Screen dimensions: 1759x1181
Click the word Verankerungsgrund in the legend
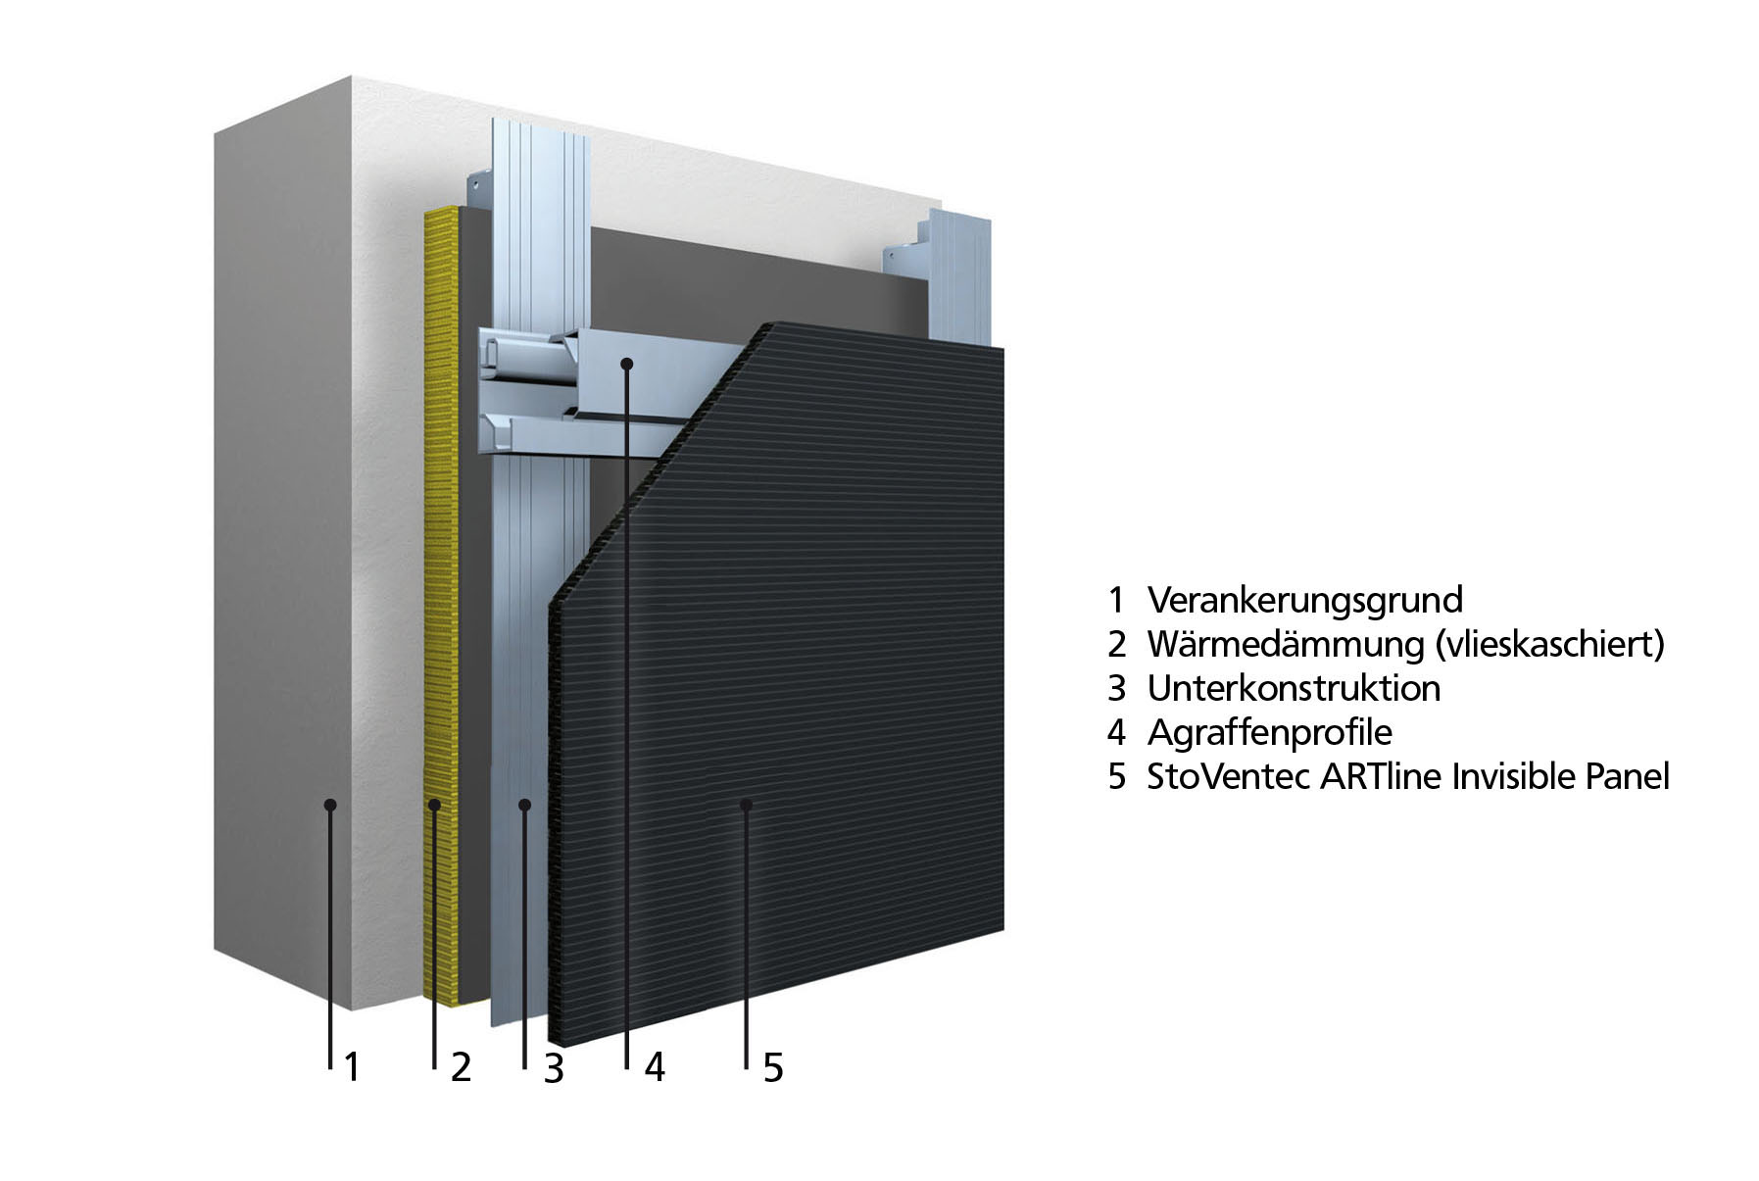pos(1304,600)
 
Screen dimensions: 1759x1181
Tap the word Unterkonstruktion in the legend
pos(1294,688)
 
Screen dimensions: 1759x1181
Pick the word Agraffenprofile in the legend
pos(1269,733)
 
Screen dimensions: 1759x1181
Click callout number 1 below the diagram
pos(352,1068)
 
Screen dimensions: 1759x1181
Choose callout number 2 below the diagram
pos(461,1068)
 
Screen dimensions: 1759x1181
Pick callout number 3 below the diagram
pos(554,1068)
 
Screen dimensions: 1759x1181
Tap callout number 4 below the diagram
pos(655,1068)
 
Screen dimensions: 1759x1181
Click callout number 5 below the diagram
pos(773,1068)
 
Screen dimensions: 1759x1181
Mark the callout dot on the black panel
pos(746,805)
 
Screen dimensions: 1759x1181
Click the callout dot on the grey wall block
pos(330,805)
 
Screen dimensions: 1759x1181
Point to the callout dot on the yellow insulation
pos(434,805)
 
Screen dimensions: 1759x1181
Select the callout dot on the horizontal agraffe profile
pos(627,364)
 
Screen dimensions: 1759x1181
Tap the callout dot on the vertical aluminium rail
pos(525,805)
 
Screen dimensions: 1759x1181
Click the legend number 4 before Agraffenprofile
pos(1117,733)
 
